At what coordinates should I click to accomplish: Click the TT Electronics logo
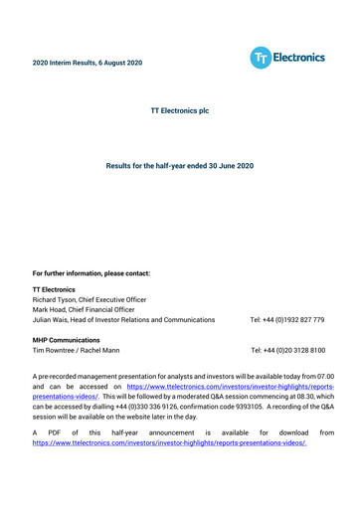[x=287, y=59]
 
